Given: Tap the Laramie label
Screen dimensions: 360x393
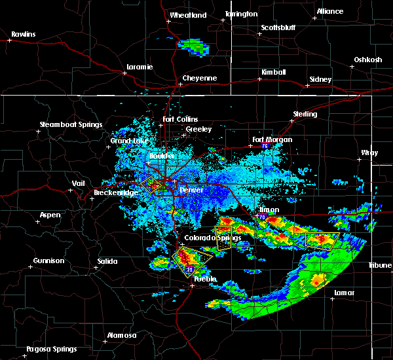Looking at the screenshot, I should [140, 67].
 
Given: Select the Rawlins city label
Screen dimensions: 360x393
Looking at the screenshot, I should [23, 33].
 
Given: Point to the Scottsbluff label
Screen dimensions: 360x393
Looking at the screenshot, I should [276, 27].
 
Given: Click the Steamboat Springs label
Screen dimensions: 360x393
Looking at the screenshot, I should [71, 124].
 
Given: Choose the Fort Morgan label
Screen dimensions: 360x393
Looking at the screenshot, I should [272, 139].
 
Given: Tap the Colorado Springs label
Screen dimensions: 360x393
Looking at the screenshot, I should [208, 238].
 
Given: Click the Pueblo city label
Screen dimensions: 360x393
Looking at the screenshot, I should [204, 279].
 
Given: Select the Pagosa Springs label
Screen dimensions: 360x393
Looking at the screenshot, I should [51, 349].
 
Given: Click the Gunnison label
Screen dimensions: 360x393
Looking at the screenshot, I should [49, 261].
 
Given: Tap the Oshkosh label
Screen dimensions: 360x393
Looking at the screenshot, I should [367, 60].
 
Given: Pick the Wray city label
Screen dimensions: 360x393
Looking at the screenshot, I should [369, 153].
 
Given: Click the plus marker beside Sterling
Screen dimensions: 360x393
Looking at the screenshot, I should [291, 121].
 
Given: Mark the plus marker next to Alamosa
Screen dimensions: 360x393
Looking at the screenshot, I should [106, 341].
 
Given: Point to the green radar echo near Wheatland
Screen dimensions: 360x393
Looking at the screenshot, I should [192, 46].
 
